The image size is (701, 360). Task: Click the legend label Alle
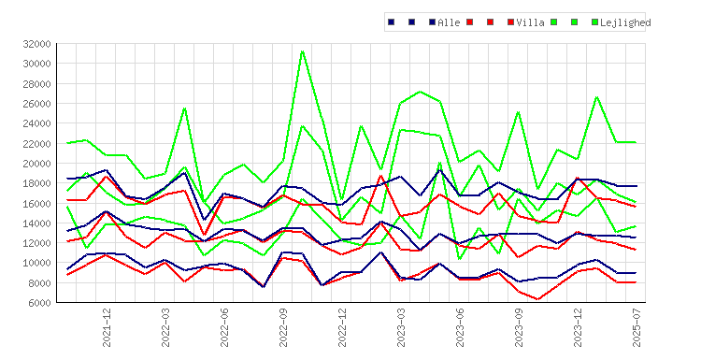tap(449, 22)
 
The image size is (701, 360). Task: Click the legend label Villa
tap(530, 22)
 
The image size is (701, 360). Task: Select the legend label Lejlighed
tap(625, 22)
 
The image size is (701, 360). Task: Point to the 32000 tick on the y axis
tap(36, 44)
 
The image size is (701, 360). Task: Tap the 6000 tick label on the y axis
tap(39, 303)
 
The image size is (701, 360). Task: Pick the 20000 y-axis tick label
tap(36, 164)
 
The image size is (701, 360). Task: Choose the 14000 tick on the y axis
tap(36, 223)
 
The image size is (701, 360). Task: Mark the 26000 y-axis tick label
tap(36, 103)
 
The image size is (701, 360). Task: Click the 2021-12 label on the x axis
tap(107, 327)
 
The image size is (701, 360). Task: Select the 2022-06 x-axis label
tap(224, 327)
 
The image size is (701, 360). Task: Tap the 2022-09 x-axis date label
tap(283, 327)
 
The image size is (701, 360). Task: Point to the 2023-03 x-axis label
tap(401, 327)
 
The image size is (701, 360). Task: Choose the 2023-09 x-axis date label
tap(519, 327)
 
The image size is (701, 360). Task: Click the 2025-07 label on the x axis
tap(637, 327)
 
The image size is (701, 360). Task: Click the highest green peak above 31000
tap(303, 51)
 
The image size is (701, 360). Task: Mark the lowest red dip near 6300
tap(537, 299)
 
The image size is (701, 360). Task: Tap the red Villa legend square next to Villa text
tap(510, 22)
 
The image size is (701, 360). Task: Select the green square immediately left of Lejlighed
tap(594, 22)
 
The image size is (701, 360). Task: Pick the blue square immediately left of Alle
tap(432, 22)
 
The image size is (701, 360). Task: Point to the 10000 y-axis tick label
tap(36, 263)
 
